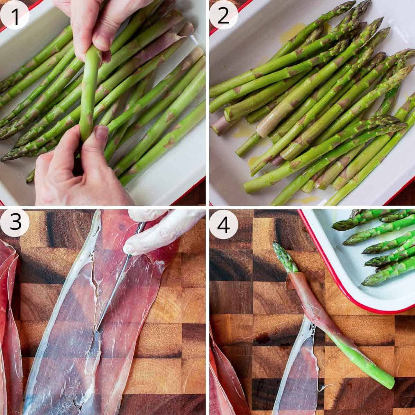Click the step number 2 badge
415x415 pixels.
(223, 15)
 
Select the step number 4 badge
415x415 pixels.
(223, 223)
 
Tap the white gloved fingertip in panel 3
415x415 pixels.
(131, 248)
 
